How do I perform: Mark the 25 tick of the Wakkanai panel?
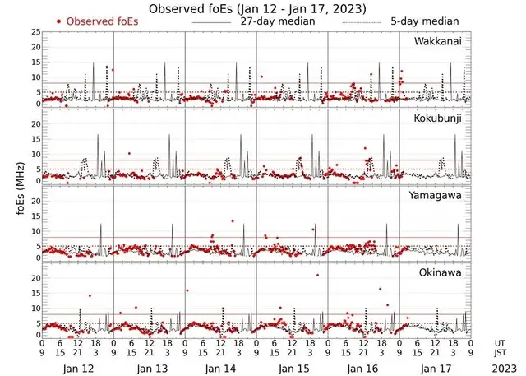tap(35, 32)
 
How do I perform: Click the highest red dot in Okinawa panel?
tap(317, 275)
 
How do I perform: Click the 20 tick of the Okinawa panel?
tap(35, 278)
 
